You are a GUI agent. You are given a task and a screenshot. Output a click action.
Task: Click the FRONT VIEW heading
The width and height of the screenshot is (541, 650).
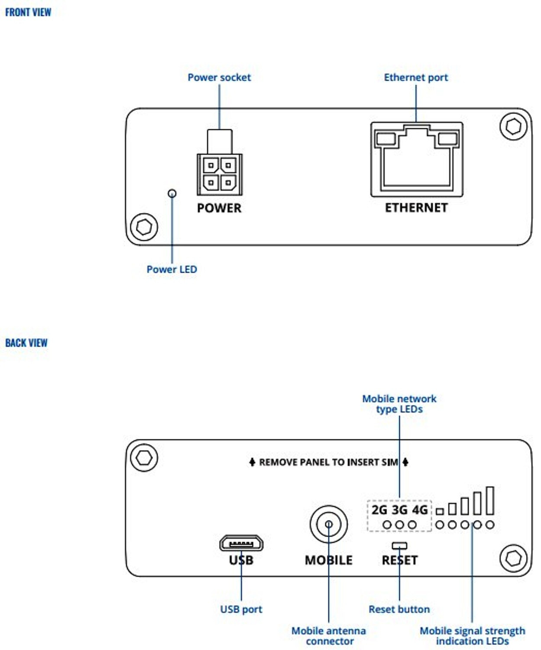click(x=28, y=12)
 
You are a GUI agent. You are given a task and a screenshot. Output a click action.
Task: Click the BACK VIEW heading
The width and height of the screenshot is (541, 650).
click(x=26, y=343)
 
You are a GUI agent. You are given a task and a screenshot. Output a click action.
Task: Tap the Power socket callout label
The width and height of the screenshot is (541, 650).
click(x=219, y=77)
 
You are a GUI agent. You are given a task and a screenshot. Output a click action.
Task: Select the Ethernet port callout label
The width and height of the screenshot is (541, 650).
click(x=416, y=77)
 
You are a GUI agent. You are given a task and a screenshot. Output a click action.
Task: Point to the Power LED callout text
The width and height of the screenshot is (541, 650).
click(x=172, y=269)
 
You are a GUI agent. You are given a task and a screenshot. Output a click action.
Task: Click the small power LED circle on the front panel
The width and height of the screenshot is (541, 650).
click(x=172, y=193)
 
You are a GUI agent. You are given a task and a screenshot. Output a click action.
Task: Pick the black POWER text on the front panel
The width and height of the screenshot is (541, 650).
click(x=219, y=208)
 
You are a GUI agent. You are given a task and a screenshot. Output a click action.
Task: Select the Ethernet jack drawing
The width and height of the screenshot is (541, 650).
click(x=417, y=159)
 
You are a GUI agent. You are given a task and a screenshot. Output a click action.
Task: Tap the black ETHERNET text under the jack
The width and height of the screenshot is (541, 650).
click(x=417, y=208)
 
